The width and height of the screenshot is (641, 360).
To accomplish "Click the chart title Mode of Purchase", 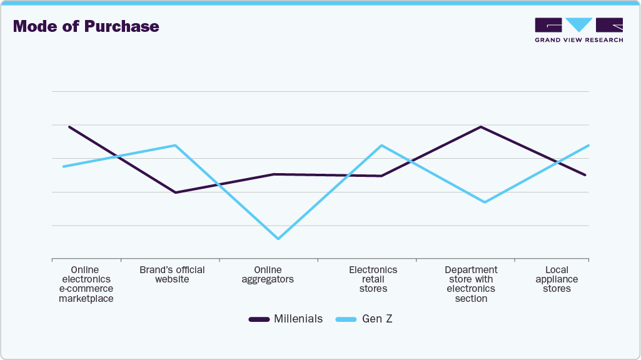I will click(86, 26).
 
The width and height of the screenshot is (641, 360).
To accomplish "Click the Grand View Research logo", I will click(578, 30).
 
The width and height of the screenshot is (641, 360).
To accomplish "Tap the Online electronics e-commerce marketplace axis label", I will click(86, 284).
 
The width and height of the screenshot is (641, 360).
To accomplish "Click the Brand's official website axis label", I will click(172, 274).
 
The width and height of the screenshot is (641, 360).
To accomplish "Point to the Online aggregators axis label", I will click(268, 274).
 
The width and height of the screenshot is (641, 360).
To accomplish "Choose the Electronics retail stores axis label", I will click(373, 279).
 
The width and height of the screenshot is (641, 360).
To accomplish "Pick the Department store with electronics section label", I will click(471, 284).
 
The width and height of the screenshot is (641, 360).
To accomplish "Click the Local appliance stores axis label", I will click(557, 279).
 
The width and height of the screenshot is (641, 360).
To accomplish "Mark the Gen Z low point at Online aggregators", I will click(278, 239).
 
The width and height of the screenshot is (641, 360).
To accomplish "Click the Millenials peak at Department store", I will click(481, 127).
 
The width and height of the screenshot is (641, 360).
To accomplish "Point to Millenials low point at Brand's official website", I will click(176, 192).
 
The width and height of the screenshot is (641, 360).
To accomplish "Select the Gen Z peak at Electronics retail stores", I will click(381, 146).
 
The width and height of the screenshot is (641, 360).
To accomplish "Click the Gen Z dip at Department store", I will click(484, 202).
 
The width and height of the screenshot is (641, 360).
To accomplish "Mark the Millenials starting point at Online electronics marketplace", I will click(69, 127).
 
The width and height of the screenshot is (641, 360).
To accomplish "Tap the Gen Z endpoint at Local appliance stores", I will click(588, 146).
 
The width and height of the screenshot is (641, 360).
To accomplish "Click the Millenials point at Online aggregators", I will click(275, 174).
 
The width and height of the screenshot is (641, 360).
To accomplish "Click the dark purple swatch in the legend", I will click(259, 319).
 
